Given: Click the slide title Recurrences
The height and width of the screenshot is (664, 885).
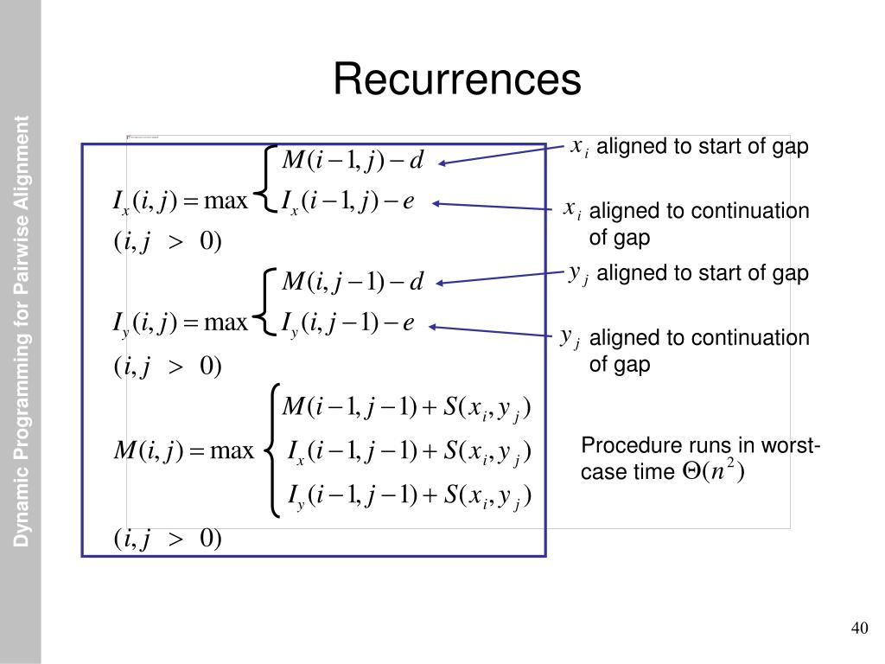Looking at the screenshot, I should click(457, 80).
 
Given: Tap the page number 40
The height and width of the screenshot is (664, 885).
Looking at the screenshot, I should click(859, 628).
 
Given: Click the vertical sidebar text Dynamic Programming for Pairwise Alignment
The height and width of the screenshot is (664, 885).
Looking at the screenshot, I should click(22, 331).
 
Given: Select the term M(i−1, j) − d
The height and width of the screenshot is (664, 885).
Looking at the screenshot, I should click(353, 161).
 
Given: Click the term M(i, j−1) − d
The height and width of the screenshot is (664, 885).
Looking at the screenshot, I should click(353, 282).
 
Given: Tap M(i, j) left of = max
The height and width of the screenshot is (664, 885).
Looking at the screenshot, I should click(145, 450).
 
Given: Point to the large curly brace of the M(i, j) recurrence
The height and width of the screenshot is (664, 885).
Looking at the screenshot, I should click(274, 450).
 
